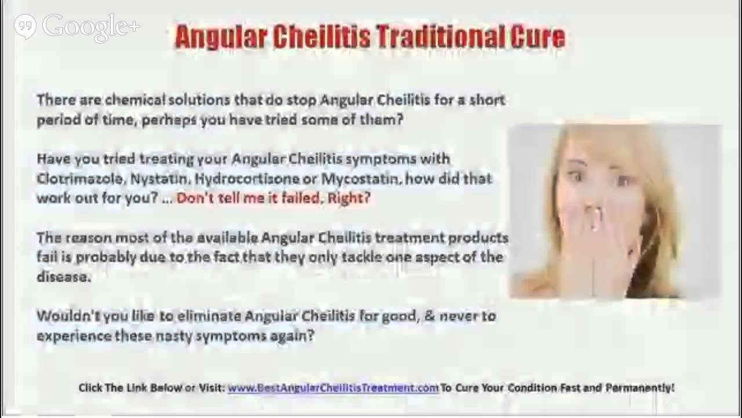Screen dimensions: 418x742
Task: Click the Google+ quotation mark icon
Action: (x=25, y=26)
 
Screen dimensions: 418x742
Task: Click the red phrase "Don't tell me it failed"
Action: (x=249, y=198)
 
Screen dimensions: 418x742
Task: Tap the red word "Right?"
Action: (x=349, y=198)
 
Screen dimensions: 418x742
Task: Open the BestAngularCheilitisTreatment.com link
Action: (x=333, y=388)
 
